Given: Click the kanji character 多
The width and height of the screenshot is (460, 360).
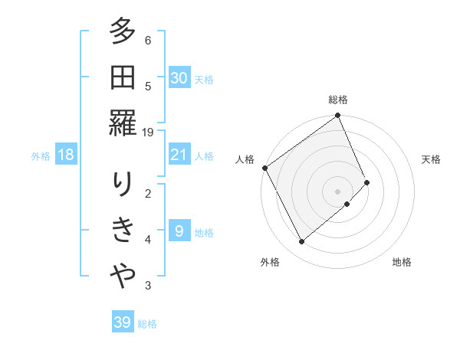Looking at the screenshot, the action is tap(123, 34).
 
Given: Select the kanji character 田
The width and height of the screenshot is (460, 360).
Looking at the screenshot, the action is tap(123, 78).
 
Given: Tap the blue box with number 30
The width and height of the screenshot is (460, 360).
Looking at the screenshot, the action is tap(179, 78).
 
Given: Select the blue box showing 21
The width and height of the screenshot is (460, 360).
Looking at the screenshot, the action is tap(179, 155).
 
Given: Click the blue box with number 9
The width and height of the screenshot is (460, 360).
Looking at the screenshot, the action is tap(179, 231).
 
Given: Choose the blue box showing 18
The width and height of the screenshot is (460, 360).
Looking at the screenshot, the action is tap(66, 155).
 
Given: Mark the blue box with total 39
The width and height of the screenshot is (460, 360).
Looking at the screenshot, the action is tap(123, 322).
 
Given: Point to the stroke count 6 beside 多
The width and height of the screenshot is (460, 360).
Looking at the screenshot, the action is tap(148, 41).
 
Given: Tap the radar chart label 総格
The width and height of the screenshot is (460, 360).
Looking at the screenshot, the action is tap(338, 100).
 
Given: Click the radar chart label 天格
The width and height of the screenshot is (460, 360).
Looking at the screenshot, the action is tap(432, 159).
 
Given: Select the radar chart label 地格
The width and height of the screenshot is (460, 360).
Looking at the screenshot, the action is tap(402, 262).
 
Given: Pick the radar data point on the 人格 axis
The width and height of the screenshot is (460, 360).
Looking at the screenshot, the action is tap(264, 168).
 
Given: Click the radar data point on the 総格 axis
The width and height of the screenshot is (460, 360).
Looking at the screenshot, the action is tap(338, 116).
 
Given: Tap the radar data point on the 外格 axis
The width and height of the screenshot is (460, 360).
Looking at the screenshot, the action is tap(301, 242).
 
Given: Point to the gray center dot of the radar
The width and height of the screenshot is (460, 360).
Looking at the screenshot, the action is tap(338, 190).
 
